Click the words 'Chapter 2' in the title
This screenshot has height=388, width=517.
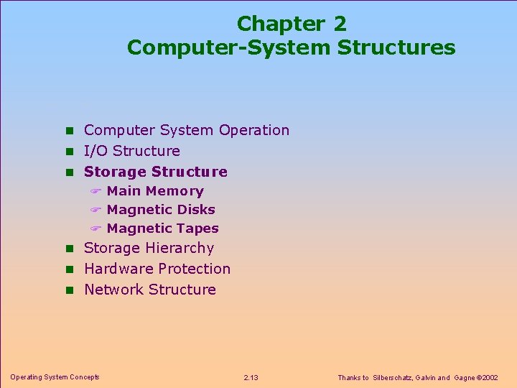click(291, 24)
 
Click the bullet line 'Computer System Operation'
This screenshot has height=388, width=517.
click(187, 130)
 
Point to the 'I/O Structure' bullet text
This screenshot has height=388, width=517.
click(132, 151)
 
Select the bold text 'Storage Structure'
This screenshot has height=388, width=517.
click(156, 172)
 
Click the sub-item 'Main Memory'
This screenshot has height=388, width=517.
click(155, 191)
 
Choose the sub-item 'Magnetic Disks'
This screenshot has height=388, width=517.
click(161, 210)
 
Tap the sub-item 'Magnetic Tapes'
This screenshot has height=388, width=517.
click(163, 228)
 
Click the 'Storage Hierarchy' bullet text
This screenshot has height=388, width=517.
click(149, 248)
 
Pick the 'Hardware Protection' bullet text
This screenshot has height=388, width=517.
click(157, 269)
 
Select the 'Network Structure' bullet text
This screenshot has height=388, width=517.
click(150, 290)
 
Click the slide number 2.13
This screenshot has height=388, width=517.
click(251, 377)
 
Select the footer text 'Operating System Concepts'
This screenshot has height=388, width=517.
click(55, 377)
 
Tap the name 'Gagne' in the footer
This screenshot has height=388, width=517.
click(466, 377)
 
